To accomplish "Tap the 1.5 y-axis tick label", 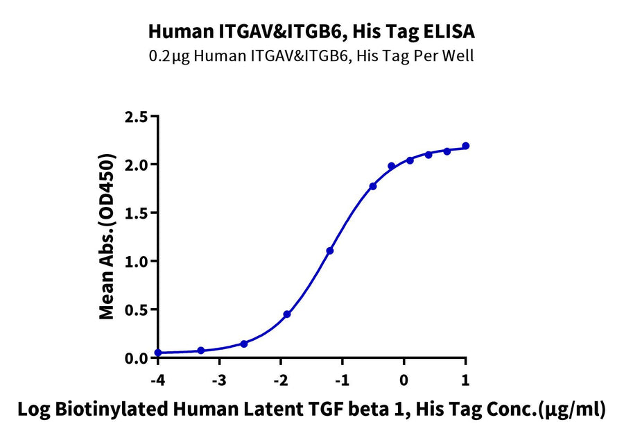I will point(137,213).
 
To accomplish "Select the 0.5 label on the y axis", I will point(137,310).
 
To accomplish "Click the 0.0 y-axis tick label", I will point(137,358).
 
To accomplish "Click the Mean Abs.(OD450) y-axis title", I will point(107,236).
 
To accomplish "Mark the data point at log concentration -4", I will point(158,353).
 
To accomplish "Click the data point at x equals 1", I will point(465,146).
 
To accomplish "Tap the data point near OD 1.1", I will point(330,251).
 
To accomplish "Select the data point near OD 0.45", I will point(287,314).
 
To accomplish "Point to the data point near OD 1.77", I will point(373,186).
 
